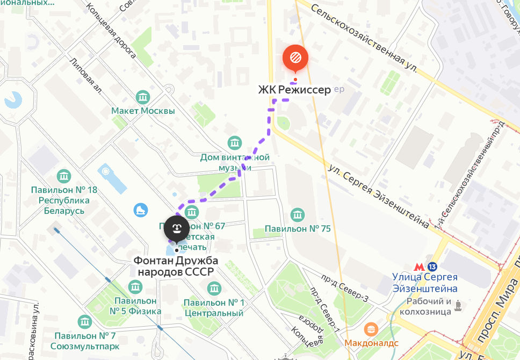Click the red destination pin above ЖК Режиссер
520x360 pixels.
pyautogui.click(x=295, y=58)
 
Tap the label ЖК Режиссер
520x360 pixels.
pyautogui.click(x=294, y=90)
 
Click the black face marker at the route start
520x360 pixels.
pyautogui.click(x=176, y=229)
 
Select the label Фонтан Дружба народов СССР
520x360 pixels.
pyautogui.click(x=176, y=266)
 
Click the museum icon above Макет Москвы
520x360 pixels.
pyautogui.click(x=143, y=97)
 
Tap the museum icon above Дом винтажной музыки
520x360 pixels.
pyautogui.click(x=235, y=143)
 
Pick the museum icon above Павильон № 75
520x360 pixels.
pyautogui.click(x=297, y=215)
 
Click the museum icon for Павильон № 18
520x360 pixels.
pyautogui.click(x=64, y=176)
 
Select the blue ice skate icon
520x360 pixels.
pyautogui.click(x=141, y=209)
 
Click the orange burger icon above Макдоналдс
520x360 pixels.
pyautogui.click(x=370, y=328)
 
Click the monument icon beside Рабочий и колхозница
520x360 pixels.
pyautogui.click(x=458, y=306)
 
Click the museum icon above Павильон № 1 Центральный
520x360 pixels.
pyautogui.click(x=214, y=289)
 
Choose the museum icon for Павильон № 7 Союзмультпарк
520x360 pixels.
pyautogui.click(x=84, y=322)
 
